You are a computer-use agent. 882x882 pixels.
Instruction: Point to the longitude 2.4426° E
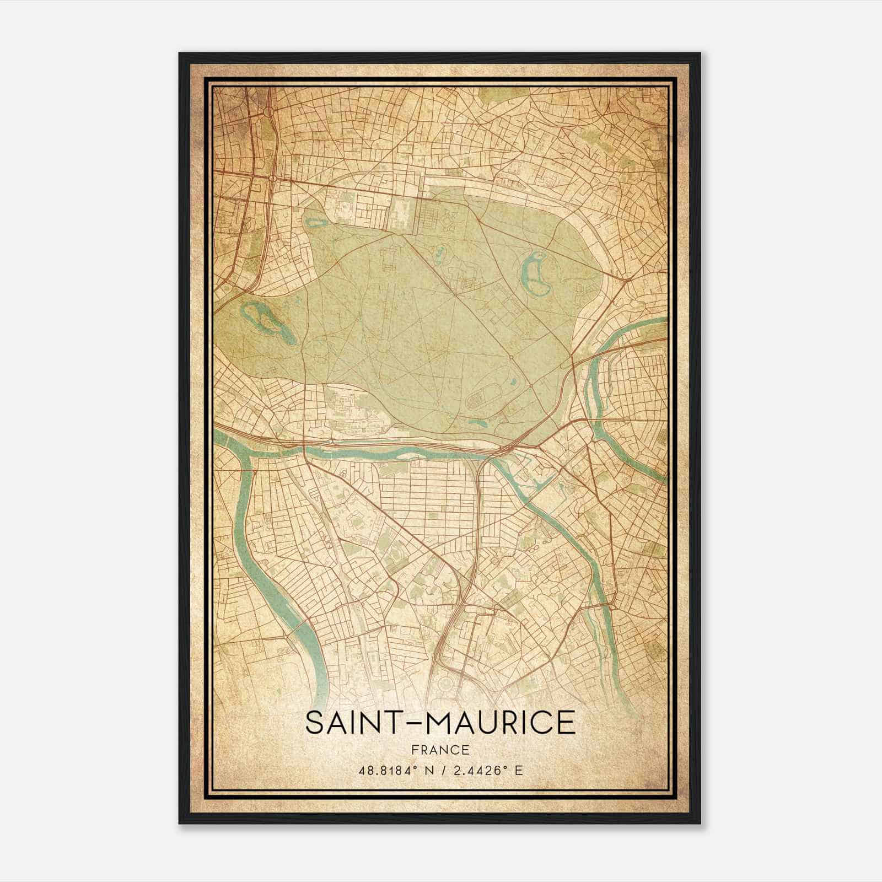pos(488,770)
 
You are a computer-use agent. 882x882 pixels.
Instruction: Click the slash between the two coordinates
pos(440,770)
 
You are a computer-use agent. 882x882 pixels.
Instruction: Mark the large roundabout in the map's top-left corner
pos(270,112)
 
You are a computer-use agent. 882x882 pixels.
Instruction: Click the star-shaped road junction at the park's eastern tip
pos(574,365)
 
